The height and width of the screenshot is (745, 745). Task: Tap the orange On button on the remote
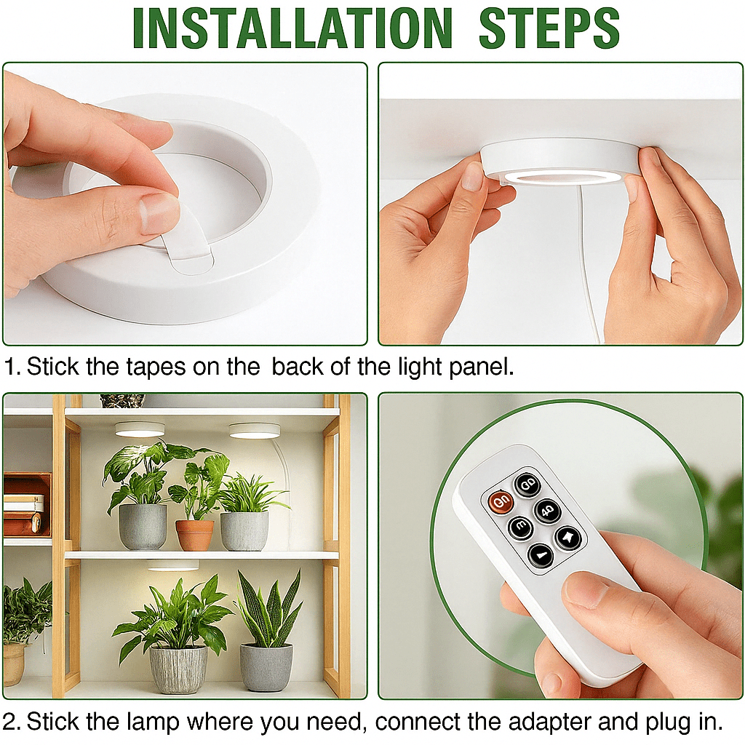501,501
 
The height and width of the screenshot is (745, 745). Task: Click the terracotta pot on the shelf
195,535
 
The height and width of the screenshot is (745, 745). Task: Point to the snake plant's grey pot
266,666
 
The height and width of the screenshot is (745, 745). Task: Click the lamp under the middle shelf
173,565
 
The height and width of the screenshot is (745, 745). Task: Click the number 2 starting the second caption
11,722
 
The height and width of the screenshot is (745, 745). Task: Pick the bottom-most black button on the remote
541,556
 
